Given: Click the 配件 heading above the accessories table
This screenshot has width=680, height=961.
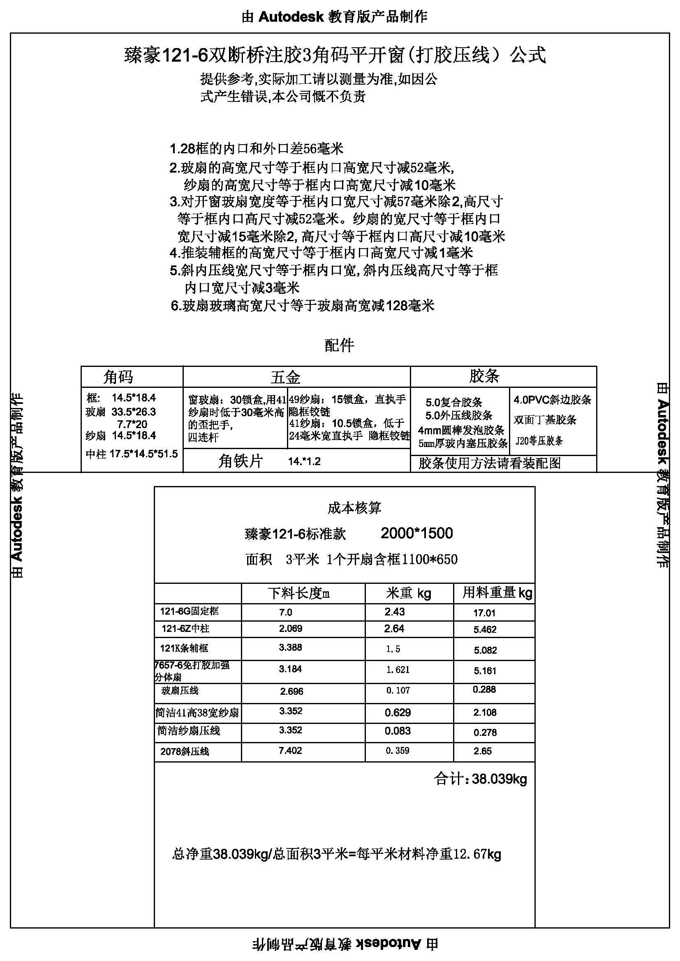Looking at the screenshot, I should point(339,345).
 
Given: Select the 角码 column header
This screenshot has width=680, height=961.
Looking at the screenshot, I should point(118,377).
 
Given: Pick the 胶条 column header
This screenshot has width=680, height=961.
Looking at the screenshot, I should point(484,376).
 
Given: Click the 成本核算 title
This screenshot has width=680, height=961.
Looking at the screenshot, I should point(354,508).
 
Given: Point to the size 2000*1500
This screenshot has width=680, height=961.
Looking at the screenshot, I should point(416,533).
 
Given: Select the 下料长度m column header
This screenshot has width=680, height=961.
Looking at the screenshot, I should point(299,593).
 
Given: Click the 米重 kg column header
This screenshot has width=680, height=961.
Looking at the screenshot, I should point(408,593).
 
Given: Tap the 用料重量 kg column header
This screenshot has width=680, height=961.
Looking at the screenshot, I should point(497,592).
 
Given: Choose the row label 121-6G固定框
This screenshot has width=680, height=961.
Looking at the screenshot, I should point(189,611).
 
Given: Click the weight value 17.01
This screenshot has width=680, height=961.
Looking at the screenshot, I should point(484,613).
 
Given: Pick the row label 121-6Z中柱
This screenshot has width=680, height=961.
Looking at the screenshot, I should point(185,629).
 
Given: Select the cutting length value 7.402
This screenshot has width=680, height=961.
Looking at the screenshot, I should point(290,751).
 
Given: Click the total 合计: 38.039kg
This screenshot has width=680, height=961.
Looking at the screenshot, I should point(481,779).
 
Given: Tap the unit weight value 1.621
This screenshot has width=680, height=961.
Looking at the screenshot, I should point(398,670).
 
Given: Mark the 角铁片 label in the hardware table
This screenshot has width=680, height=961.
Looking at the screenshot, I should point(241,461).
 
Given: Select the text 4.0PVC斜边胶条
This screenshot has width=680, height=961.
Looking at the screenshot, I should point(552,400).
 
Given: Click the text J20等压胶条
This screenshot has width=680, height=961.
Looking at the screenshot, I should point(539,441).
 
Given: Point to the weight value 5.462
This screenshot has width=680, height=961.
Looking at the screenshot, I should point(485,629).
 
